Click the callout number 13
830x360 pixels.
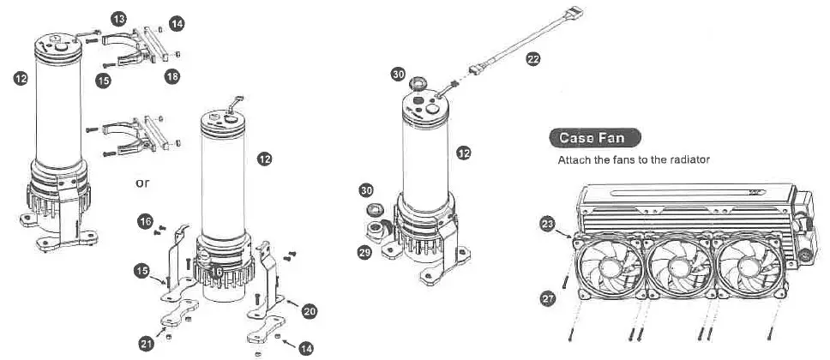coord(119,18)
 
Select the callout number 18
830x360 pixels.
coord(172,77)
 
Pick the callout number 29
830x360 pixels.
coord(365,253)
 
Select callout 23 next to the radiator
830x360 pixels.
coord(547,225)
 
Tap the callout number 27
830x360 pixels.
coord(547,298)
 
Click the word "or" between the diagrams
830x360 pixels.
coord(144,183)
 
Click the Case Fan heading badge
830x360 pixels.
coord(593,137)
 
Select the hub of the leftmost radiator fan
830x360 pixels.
coord(610,267)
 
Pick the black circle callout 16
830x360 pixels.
coord(145,222)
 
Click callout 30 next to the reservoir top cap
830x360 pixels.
coord(398,75)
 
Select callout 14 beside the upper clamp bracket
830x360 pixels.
coord(177,25)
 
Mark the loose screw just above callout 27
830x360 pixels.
coord(567,277)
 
